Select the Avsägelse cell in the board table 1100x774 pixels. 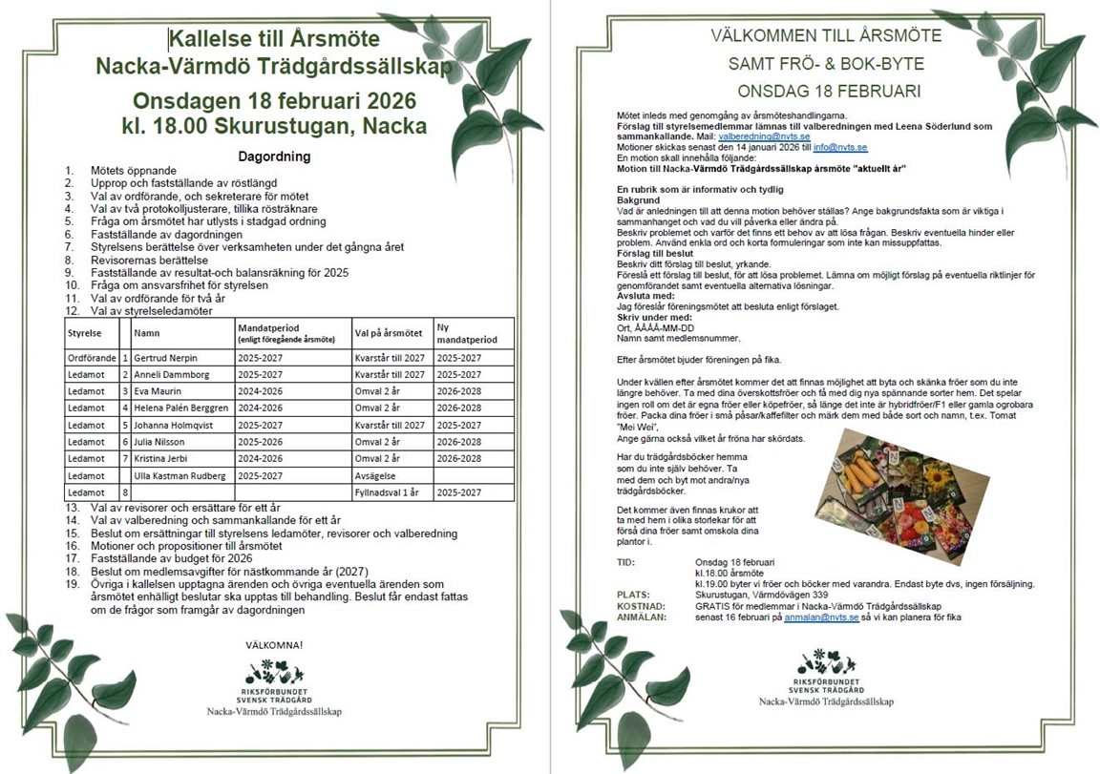pos(372,475)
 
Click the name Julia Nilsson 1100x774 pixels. pos(160,441)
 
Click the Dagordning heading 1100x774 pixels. pos(273,156)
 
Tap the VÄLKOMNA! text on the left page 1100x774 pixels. pos(274,645)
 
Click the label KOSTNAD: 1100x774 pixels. pos(642,606)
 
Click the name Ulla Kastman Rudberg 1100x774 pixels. pos(181,475)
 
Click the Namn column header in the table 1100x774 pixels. pos(146,334)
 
